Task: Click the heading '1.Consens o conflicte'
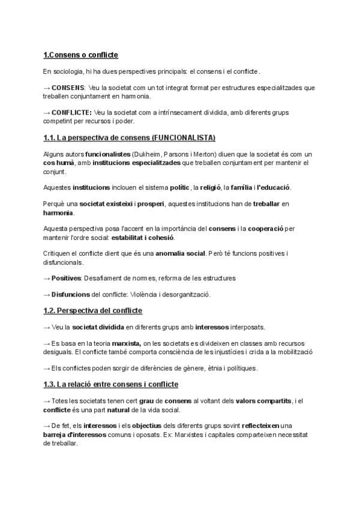(80, 55)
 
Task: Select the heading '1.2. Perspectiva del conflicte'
(92, 310)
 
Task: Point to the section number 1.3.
(49, 384)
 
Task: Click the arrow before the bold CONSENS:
(47, 88)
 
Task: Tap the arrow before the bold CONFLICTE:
(47, 112)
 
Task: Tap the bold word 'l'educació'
(273, 188)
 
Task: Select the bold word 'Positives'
(66, 278)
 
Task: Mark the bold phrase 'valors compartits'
(263, 400)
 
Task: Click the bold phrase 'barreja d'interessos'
(77, 433)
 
